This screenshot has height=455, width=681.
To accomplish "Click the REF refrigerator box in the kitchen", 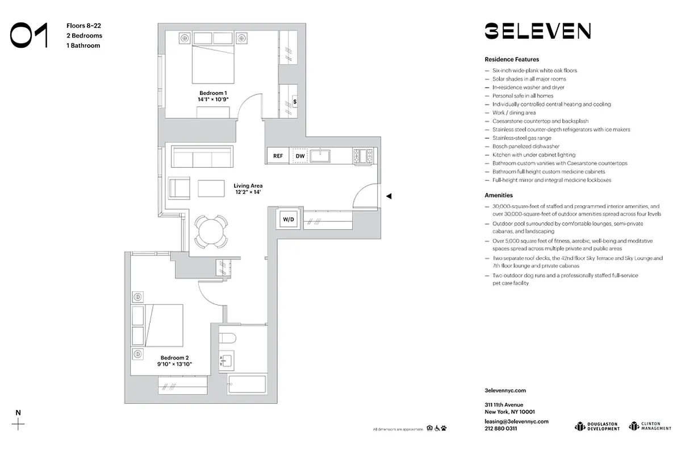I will [x=278, y=156].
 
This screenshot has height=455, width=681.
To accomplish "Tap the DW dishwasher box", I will [x=300, y=156].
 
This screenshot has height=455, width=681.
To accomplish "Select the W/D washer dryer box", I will [x=288, y=218].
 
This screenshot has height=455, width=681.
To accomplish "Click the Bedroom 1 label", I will [x=213, y=93].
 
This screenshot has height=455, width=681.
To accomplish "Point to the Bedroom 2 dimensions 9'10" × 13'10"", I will [x=175, y=364].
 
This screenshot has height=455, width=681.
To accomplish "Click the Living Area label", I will [x=248, y=185].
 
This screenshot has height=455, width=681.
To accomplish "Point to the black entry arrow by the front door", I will [x=389, y=196].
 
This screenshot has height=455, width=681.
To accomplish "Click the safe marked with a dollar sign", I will [x=295, y=102].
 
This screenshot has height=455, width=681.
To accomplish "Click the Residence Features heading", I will [x=511, y=59].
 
